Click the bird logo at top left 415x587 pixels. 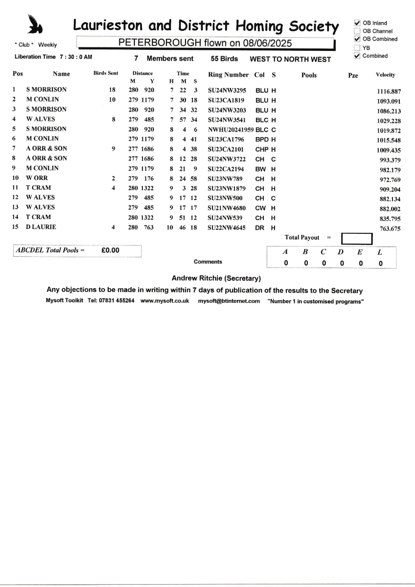34,24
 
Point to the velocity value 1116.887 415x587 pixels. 389,91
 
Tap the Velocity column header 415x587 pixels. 386,75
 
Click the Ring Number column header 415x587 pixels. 228,75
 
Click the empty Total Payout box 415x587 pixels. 357,238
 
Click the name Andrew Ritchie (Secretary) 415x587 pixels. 216,278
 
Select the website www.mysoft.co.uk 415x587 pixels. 164,301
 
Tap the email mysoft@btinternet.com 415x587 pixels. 229,301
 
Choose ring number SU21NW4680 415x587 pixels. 226,207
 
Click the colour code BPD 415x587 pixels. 262,139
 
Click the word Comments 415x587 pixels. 207,262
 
